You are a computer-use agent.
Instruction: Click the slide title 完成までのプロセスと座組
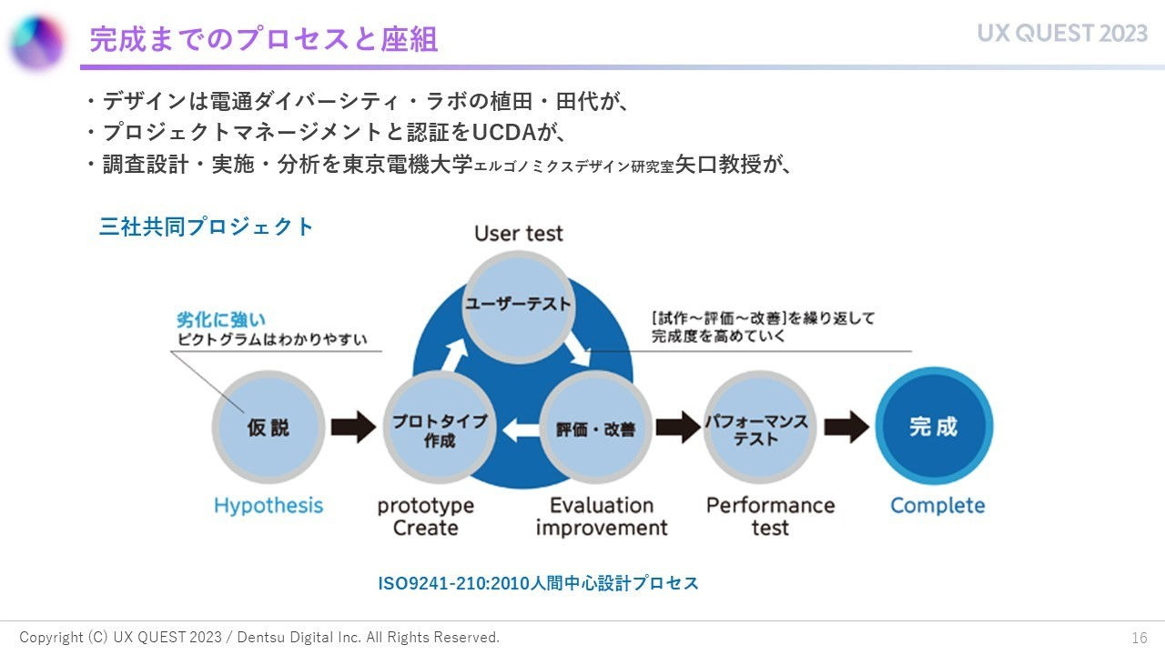[264, 39]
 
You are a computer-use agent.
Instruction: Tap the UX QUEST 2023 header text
[1062, 34]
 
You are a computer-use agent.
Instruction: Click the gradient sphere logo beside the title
[37, 43]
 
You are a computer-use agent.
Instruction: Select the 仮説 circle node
[268, 427]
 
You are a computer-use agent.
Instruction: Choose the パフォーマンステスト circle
[757, 427]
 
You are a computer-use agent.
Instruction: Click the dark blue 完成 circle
[934, 426]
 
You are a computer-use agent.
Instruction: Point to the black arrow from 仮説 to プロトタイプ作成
[353, 427]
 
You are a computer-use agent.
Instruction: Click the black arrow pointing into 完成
[846, 426]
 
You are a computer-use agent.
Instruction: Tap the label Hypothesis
[268, 506]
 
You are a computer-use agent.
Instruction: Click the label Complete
[937, 506]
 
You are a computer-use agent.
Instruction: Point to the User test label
[519, 234]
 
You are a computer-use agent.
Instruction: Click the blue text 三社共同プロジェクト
[207, 227]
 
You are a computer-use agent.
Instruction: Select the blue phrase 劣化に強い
[221, 320]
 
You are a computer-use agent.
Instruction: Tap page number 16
[1140, 638]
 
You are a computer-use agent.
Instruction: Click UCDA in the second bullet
[505, 133]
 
